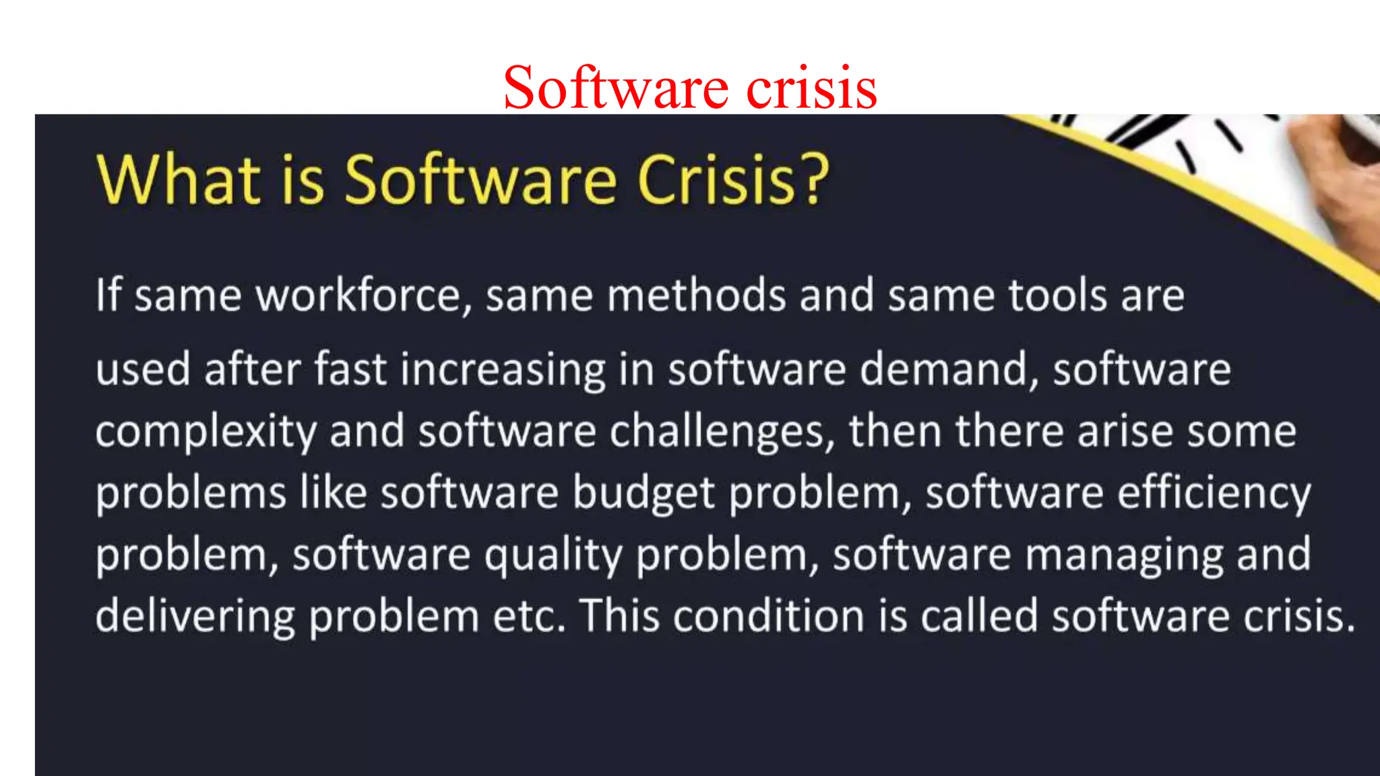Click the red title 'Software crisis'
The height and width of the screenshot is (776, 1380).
690,88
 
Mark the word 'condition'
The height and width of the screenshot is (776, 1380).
768,617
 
